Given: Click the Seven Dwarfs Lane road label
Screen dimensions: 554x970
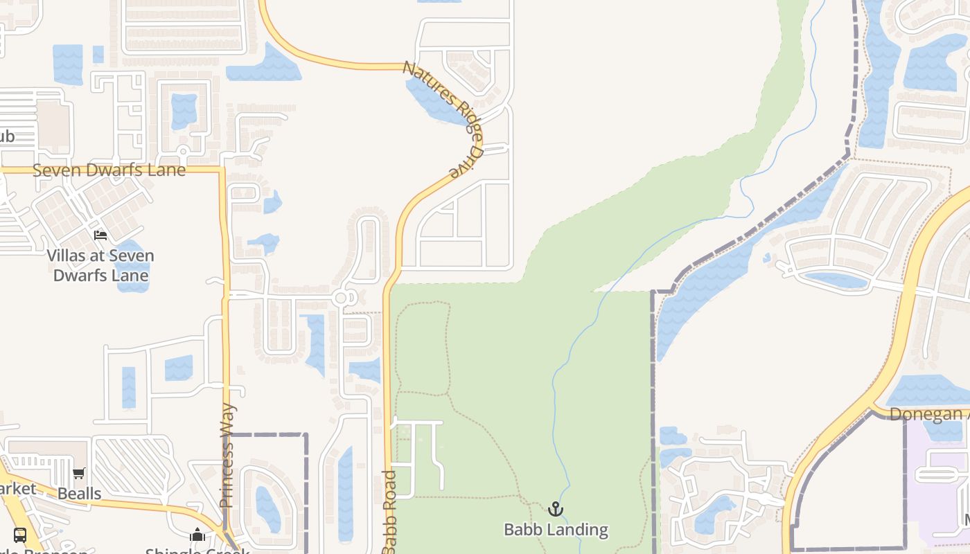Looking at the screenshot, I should (109, 170).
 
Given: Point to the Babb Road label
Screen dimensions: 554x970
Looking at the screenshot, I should (389, 511).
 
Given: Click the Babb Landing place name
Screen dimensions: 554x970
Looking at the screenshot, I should (556, 530).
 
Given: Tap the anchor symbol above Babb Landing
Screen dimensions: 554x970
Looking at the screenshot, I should (555, 509).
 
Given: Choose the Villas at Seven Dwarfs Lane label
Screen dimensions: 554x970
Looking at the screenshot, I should (100, 265).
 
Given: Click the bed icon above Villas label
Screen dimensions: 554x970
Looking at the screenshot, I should (100, 235).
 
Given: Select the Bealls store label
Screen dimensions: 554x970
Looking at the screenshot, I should (80, 494).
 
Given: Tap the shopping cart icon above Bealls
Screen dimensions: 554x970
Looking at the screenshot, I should (79, 474).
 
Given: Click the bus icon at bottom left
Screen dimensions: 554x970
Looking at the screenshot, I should (20, 535).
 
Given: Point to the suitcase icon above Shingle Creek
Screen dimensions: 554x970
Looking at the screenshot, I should (197, 535).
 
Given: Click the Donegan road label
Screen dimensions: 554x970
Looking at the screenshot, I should (928, 414).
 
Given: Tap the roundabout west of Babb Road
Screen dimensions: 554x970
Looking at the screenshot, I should (340, 298).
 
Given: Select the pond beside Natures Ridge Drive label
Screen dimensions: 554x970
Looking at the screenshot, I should (433, 100).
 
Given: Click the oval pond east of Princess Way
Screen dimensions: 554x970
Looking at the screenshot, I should (267, 509).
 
